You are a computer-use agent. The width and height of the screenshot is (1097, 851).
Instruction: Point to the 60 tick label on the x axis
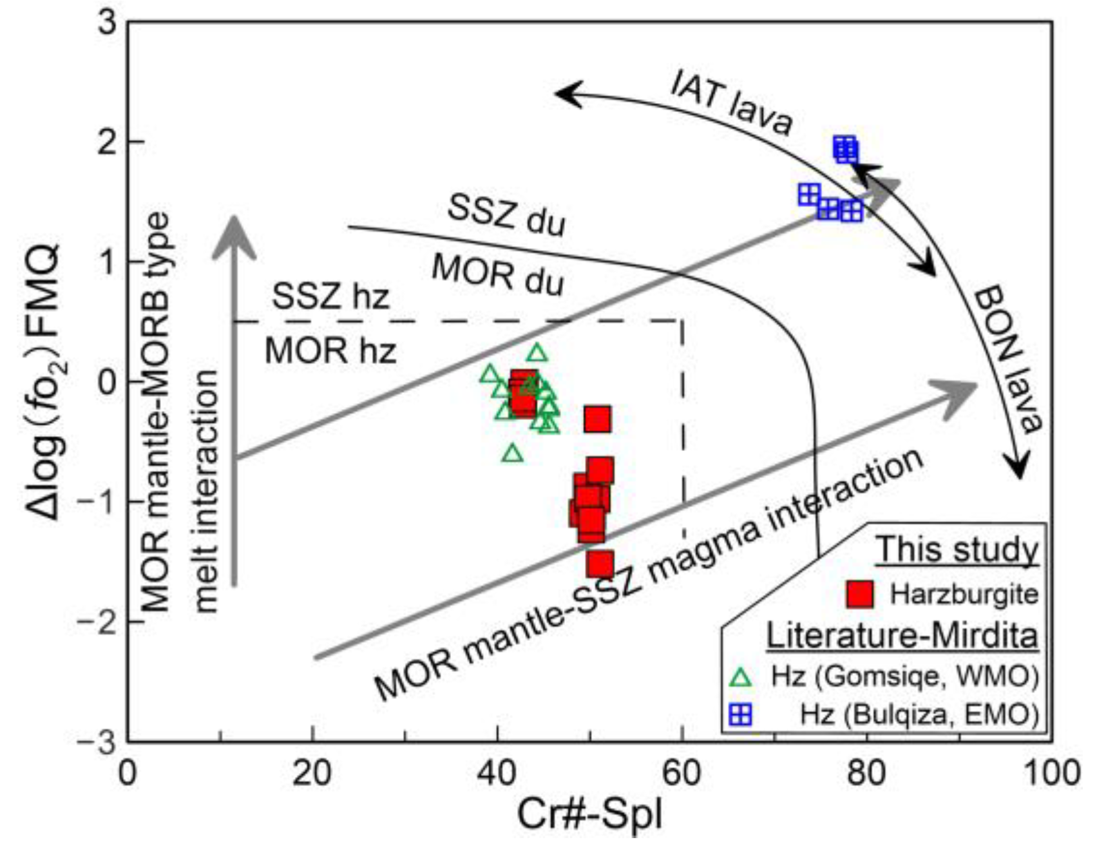pos(682,772)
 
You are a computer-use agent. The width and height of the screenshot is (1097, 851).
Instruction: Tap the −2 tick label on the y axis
pos(97,622)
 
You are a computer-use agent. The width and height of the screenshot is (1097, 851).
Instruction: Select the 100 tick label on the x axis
pos(1051,772)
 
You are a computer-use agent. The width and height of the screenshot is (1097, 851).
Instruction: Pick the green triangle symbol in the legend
pos(742,677)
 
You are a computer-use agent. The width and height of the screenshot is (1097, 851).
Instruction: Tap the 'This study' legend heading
pos(957,550)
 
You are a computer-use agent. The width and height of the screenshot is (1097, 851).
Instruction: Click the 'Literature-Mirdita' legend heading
pos(901,636)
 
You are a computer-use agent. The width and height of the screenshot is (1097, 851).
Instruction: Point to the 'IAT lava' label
pos(730,103)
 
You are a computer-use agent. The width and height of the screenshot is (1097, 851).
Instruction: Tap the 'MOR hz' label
pos(330,352)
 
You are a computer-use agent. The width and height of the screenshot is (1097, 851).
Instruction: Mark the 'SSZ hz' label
pos(330,297)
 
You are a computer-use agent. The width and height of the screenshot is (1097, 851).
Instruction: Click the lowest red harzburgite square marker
pos(600,564)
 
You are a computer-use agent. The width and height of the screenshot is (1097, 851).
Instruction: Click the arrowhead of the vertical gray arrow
pos(234,235)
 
